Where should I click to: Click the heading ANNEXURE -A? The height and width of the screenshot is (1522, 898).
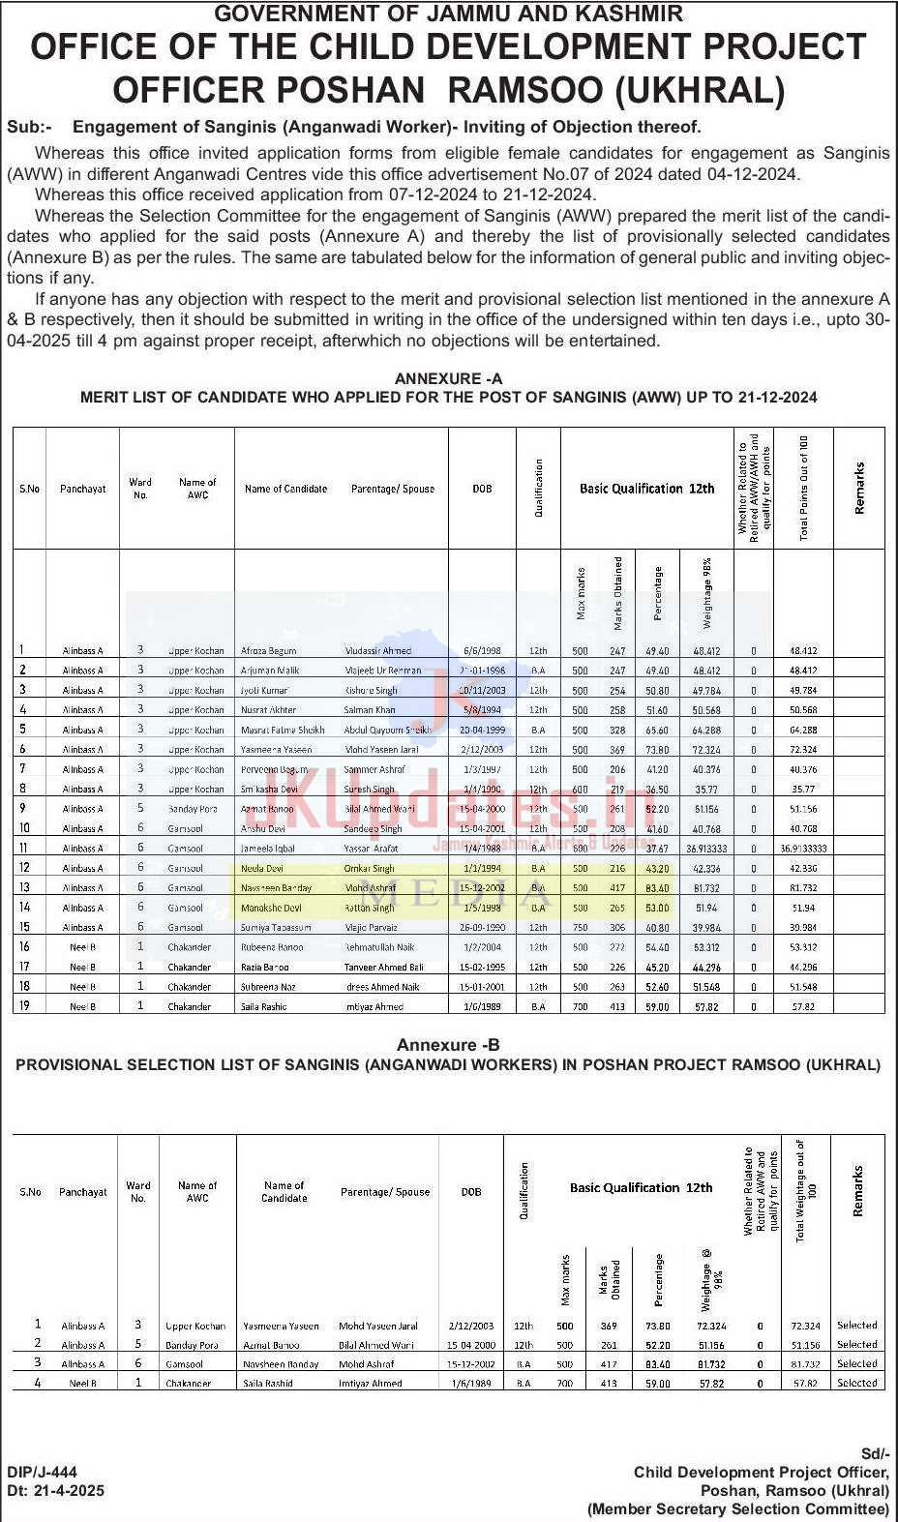tap(448, 378)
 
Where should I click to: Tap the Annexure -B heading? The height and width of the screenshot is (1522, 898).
tap(448, 1045)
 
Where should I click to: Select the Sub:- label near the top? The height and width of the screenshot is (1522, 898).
tap(30, 127)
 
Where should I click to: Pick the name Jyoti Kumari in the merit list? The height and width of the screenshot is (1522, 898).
tap(265, 691)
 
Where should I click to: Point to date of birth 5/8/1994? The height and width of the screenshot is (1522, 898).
tap(482, 710)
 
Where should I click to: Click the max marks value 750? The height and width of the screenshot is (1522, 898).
tap(580, 928)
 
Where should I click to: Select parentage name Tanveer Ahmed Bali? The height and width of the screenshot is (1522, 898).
tap(383, 968)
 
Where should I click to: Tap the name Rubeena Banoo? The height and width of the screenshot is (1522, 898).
tap(272, 948)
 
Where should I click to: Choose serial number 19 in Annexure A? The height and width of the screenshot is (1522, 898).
tap(24, 1006)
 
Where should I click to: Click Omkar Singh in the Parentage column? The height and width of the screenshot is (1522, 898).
tap(370, 869)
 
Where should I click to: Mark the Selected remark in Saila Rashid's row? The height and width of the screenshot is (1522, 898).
tap(856, 1384)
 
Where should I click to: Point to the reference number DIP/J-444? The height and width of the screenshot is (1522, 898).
tap(42, 1473)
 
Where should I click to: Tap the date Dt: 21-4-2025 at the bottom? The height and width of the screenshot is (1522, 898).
tap(55, 1491)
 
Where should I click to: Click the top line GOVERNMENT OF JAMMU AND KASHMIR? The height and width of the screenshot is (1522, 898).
tap(448, 13)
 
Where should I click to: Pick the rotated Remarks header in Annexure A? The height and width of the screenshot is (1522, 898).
tap(858, 489)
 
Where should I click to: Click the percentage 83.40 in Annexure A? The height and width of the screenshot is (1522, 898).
tap(657, 888)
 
